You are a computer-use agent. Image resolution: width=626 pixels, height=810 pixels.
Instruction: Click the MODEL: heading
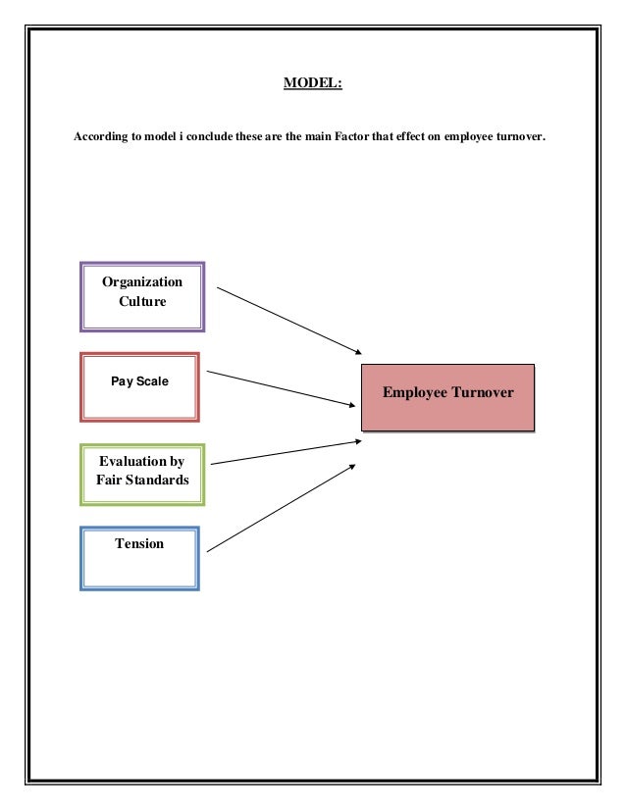pos(312,83)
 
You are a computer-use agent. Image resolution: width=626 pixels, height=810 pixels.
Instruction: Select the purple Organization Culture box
pos(142,296)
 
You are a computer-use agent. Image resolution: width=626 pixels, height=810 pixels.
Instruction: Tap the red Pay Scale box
pos(139,386)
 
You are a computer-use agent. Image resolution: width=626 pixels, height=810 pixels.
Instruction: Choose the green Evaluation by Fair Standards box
pos(142,475)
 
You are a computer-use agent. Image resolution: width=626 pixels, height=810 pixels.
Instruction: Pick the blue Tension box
pos(139,559)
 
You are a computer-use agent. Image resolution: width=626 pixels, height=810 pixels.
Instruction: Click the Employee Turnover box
pos(447,396)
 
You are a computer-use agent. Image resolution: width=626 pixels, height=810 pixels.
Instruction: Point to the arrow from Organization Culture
pos(289,321)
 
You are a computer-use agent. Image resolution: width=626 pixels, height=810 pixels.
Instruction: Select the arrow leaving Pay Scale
pos(282,388)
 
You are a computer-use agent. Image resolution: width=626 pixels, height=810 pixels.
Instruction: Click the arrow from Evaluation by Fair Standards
pos(286,452)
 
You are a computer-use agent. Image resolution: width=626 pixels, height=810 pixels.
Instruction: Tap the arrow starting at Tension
pos(282,507)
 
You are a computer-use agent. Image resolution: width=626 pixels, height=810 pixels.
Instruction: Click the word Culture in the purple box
pos(142,302)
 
